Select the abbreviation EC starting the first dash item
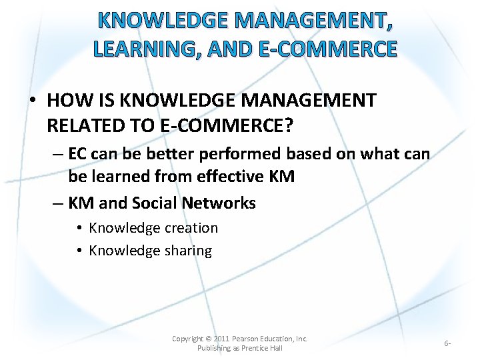77,154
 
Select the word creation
188,228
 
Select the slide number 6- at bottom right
447,343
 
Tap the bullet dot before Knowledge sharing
79,251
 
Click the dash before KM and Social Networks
57,203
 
